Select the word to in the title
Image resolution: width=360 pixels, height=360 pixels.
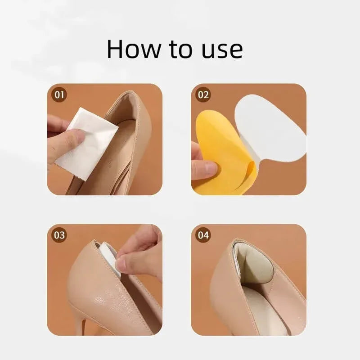[181, 50]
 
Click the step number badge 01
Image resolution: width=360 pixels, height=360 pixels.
[59, 94]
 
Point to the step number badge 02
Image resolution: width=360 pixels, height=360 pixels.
[203, 94]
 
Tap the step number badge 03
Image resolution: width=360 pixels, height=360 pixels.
[59, 235]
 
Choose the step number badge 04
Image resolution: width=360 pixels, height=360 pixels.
[203, 235]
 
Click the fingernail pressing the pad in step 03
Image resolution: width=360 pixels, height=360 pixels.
[121, 265]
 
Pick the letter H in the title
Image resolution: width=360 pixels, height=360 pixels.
[116, 49]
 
